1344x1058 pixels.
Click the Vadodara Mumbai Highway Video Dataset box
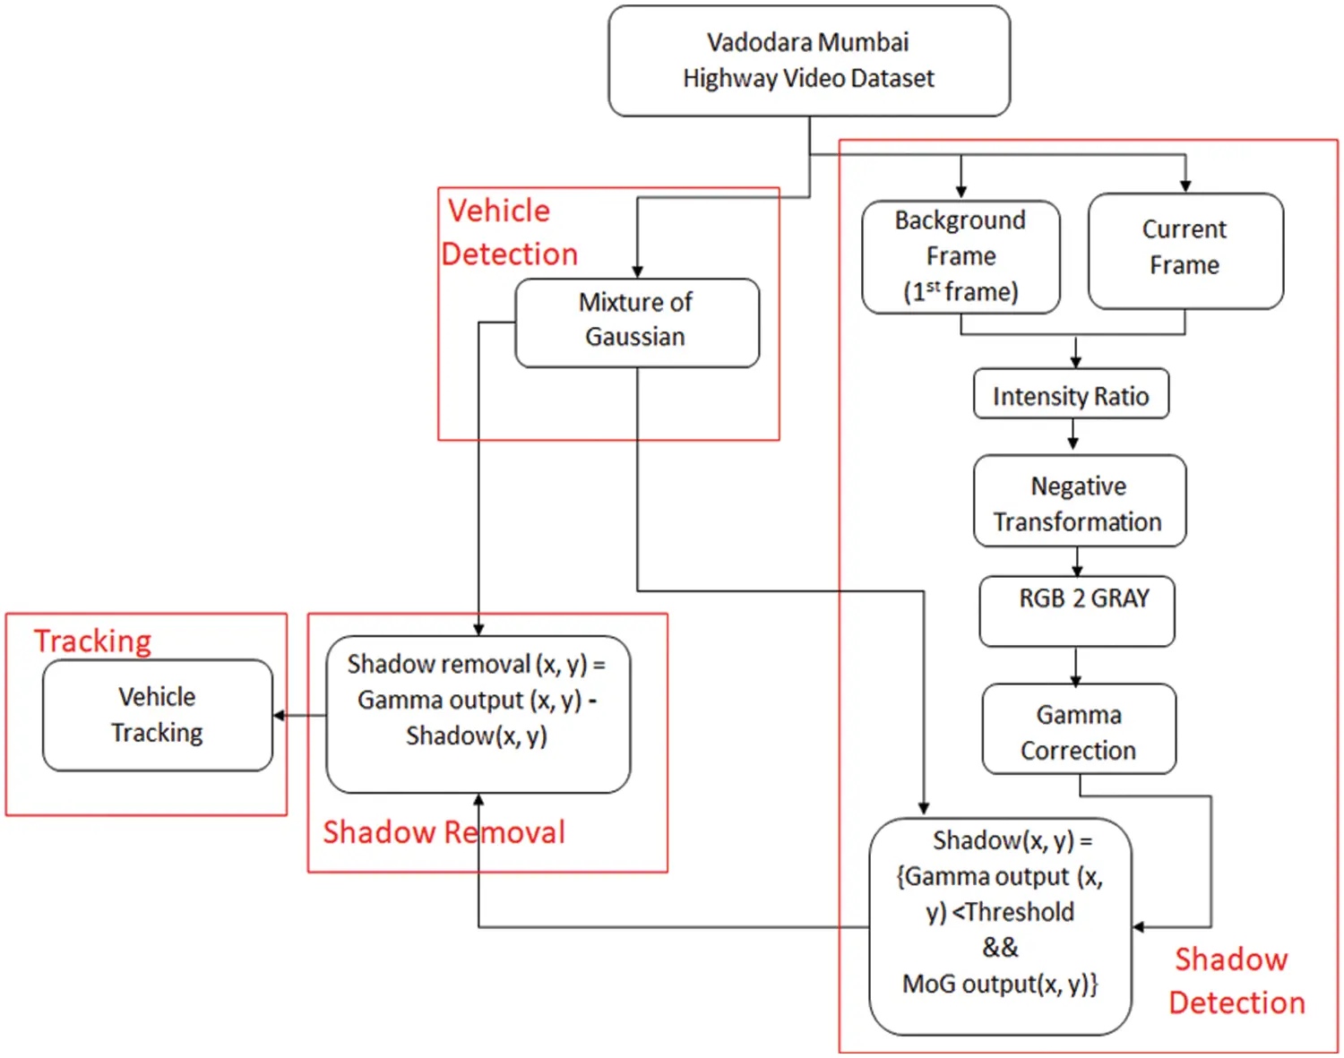809,61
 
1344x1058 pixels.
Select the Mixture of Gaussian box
636,322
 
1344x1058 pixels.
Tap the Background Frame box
961,256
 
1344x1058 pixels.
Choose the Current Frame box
1185,250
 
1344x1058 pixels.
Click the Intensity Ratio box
1071,394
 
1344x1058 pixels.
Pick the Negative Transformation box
1079,502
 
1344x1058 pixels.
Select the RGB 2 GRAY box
1077,610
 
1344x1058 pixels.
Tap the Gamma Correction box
1079,730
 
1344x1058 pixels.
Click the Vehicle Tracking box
158,715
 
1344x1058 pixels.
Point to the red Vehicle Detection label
509,232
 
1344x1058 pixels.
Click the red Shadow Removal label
444,832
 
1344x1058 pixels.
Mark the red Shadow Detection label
1235,981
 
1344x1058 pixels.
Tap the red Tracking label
93,641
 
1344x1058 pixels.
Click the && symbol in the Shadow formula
1000,947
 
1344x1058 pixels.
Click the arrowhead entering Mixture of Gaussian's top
637,271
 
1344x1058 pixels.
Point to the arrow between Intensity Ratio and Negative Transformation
1073,436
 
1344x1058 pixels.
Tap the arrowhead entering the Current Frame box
1185,185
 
